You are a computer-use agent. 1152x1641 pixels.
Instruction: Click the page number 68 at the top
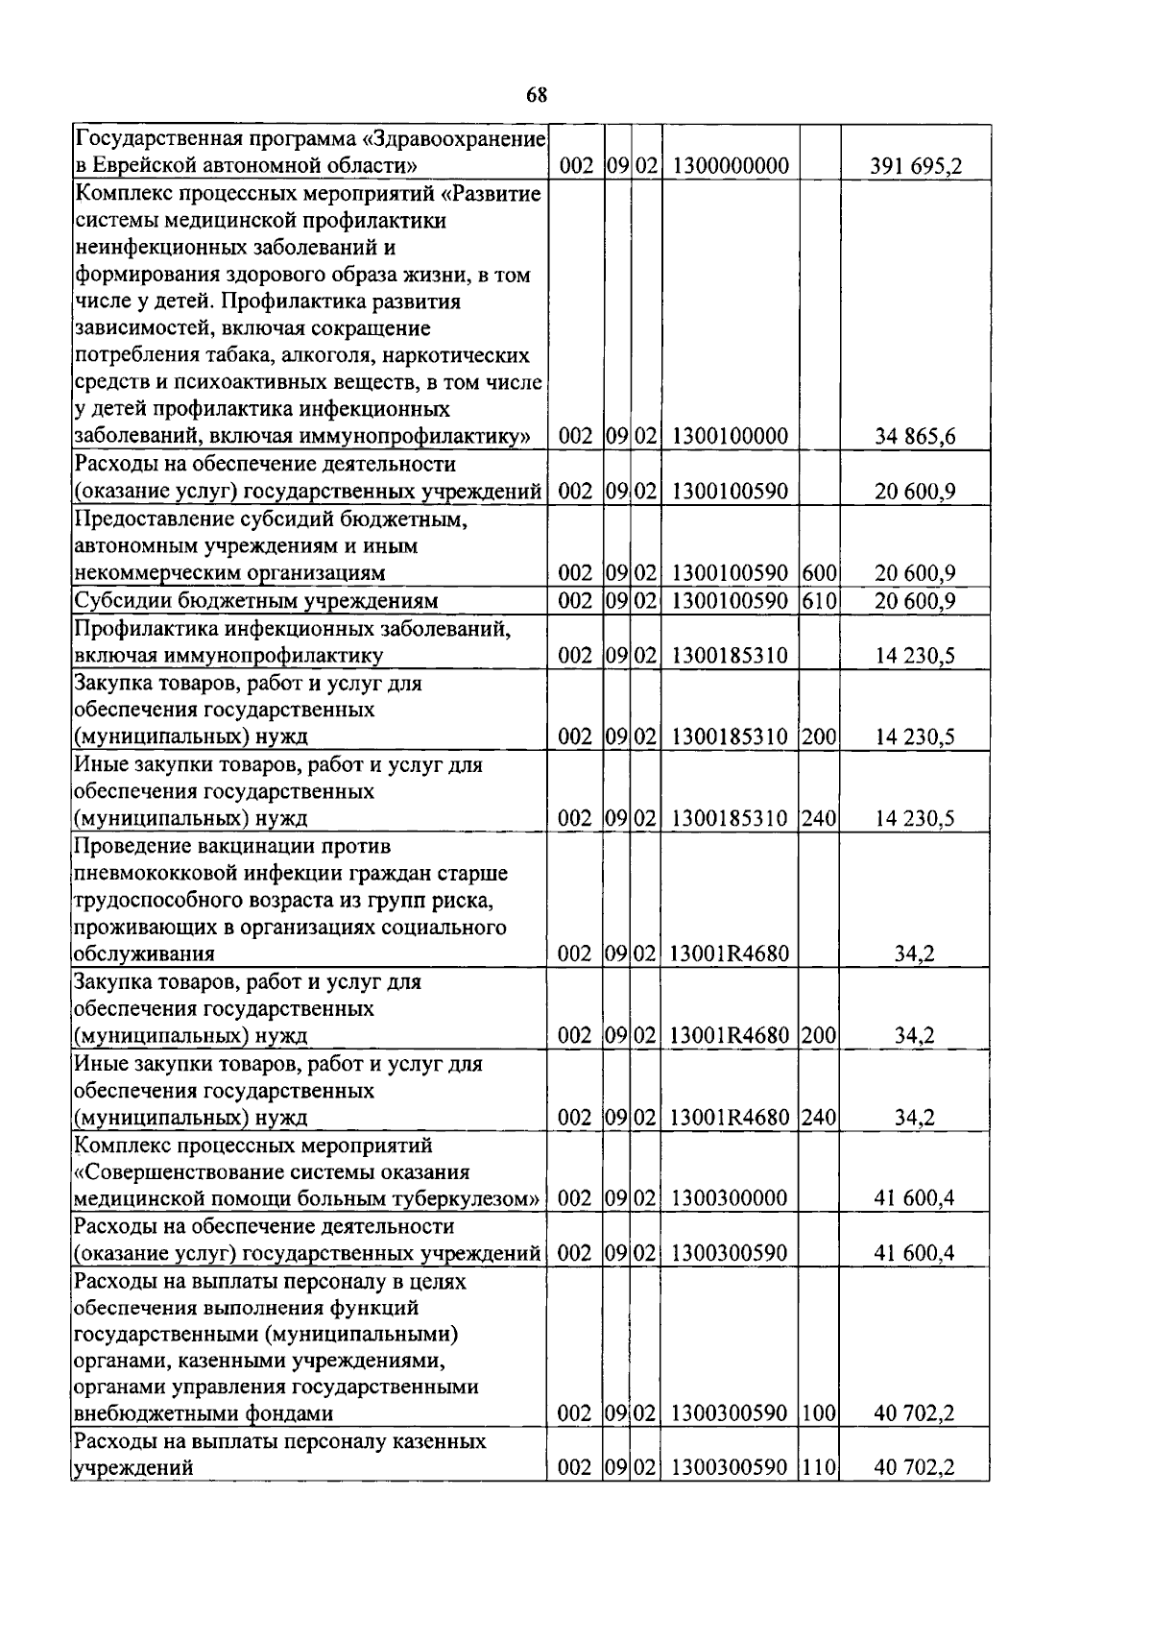(537, 94)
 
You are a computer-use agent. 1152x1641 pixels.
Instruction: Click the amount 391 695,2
(916, 167)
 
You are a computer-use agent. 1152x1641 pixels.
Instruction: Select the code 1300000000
(731, 167)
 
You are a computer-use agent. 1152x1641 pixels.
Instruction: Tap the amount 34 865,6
(916, 437)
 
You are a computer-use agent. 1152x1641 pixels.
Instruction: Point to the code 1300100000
(731, 437)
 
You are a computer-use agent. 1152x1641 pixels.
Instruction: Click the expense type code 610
(819, 601)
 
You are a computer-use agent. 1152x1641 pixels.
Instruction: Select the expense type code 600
(819, 573)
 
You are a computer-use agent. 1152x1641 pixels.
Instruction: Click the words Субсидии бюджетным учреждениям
(256, 601)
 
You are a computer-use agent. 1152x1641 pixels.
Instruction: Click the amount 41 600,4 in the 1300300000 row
(916, 1198)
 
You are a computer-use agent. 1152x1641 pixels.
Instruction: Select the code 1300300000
(731, 1198)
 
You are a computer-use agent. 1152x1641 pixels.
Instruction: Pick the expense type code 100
(819, 1413)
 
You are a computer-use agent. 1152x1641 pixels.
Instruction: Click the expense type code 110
(819, 1468)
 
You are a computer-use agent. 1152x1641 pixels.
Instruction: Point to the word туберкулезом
(468, 1198)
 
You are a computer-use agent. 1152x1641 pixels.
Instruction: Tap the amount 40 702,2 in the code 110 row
(916, 1468)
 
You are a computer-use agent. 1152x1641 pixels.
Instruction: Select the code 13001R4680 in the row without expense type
(731, 954)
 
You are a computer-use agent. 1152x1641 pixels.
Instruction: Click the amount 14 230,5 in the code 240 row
(916, 819)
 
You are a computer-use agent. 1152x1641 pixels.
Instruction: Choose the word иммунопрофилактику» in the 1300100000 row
(439, 437)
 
